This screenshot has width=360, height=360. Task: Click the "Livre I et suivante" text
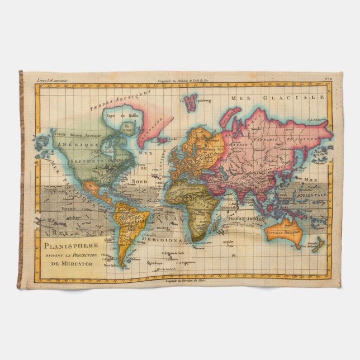click(51, 80)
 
